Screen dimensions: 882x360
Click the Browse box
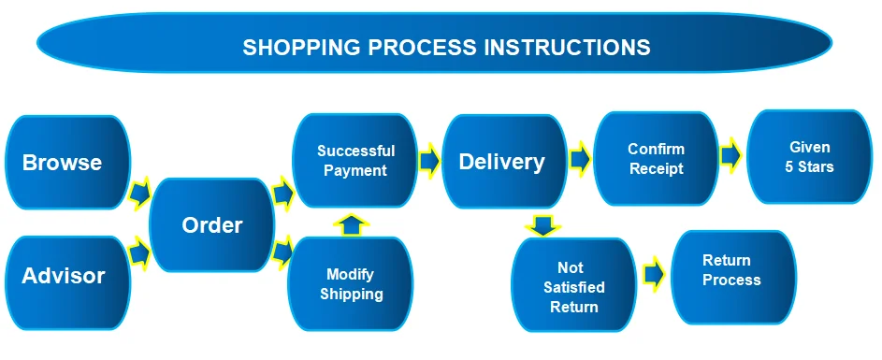point(67,163)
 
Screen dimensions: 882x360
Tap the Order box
point(212,225)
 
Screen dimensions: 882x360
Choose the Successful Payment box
point(355,161)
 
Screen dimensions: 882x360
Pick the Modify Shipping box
point(351,283)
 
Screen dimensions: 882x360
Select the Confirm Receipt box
point(656,159)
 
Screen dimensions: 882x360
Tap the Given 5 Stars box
point(809,157)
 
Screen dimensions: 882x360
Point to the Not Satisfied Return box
point(574,284)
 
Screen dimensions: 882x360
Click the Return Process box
point(734,278)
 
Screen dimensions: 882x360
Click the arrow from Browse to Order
point(139,194)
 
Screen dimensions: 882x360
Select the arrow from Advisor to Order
point(139,253)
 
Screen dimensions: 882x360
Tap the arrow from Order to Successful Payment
point(283,193)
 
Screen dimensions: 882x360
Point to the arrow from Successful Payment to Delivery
point(429,161)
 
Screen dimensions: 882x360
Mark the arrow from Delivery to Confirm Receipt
point(580,159)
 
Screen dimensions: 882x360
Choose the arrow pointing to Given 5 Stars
point(731,154)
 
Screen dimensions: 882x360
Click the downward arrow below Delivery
point(542,225)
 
